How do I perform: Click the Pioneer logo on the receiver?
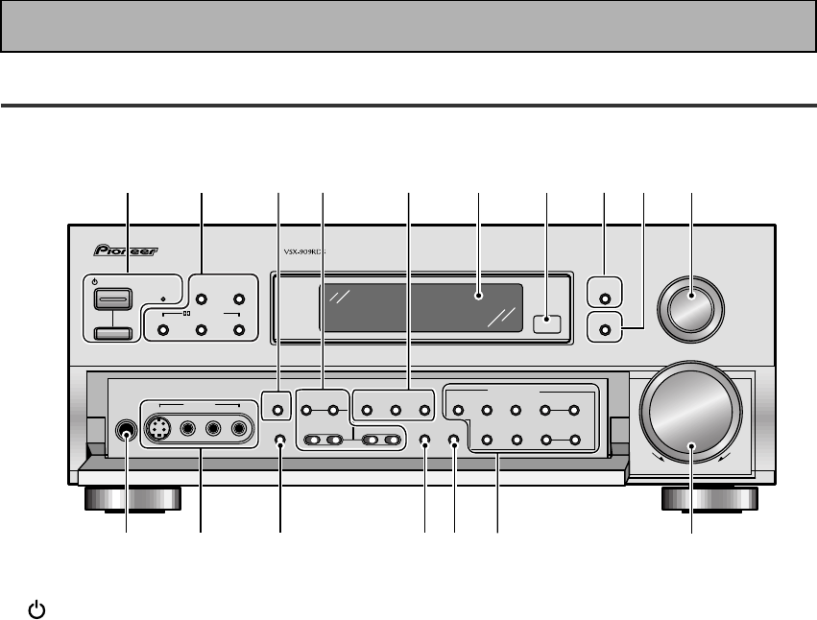pos(125,253)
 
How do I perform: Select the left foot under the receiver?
pos(132,499)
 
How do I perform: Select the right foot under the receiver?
pos(709,499)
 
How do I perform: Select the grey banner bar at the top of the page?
pos(408,26)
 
